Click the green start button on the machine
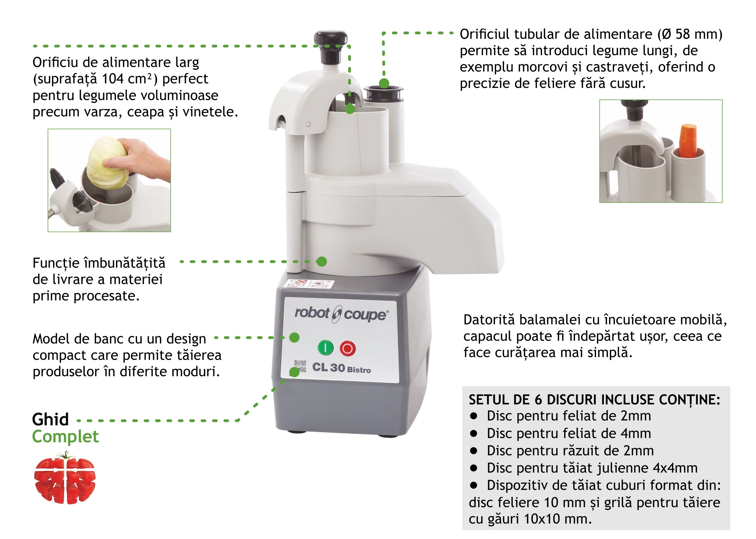(326, 347)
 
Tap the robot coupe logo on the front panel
(342, 314)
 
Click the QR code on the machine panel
(300, 367)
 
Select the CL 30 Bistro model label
(342, 368)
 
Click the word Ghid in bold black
(50, 420)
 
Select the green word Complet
(66, 437)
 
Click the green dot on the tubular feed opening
(384, 83)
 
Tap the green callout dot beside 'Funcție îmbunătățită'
(321, 262)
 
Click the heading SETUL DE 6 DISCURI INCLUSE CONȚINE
(594, 400)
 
